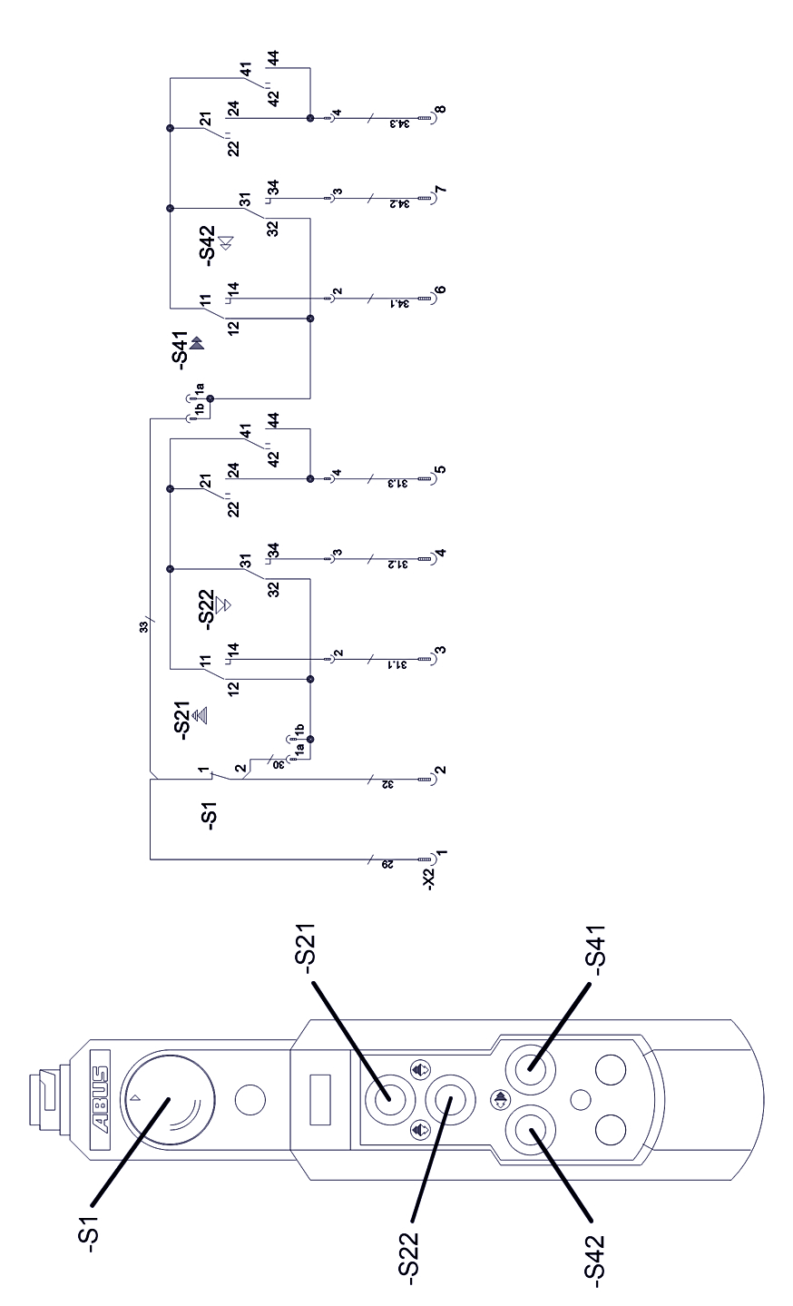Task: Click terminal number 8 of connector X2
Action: pyautogui.click(x=440, y=111)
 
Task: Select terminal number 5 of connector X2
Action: pyautogui.click(x=440, y=471)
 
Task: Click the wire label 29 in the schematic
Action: pyautogui.click(x=383, y=866)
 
